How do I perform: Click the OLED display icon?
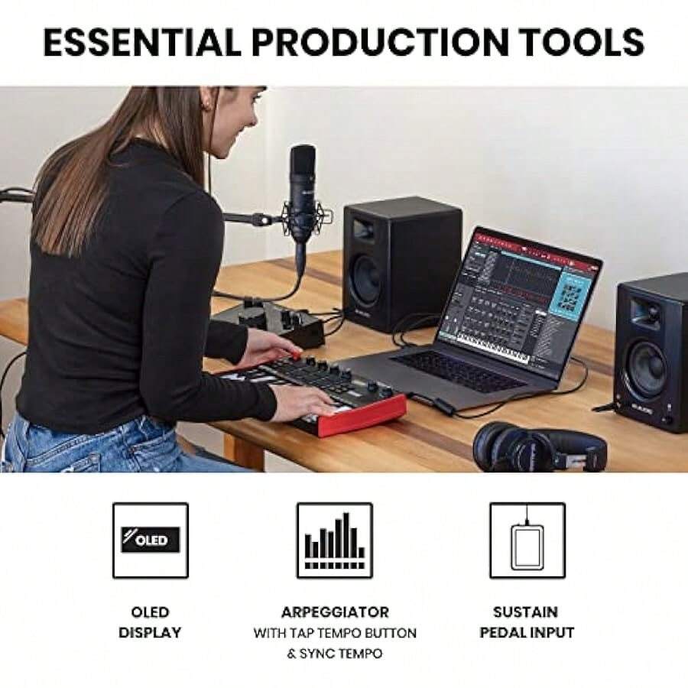point(151,540)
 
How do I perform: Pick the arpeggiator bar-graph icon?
point(335,540)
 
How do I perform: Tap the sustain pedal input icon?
point(527,540)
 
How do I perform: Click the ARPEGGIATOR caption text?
point(335,612)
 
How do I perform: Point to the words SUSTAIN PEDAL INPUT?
point(527,622)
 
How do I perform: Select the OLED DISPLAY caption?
point(151,622)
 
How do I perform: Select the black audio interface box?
point(268,322)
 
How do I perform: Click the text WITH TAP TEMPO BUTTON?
point(335,634)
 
